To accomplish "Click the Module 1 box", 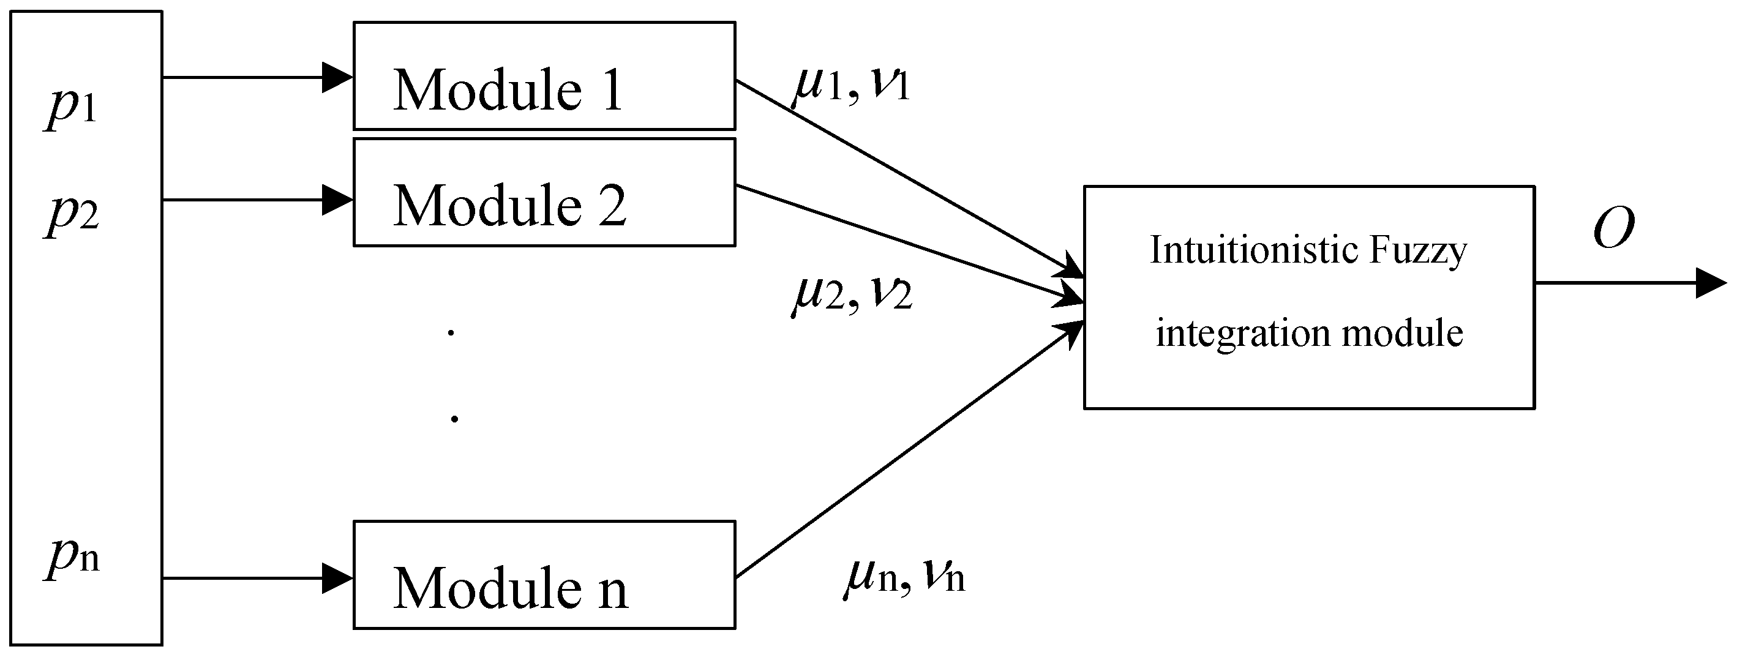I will click(544, 75).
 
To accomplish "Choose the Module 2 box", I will click(544, 192).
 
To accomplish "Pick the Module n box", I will click(544, 574).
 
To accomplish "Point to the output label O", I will click(1613, 228).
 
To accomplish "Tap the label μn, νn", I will click(904, 577).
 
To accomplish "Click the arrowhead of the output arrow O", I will click(1710, 283).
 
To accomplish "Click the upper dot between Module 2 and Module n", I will click(451, 332).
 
